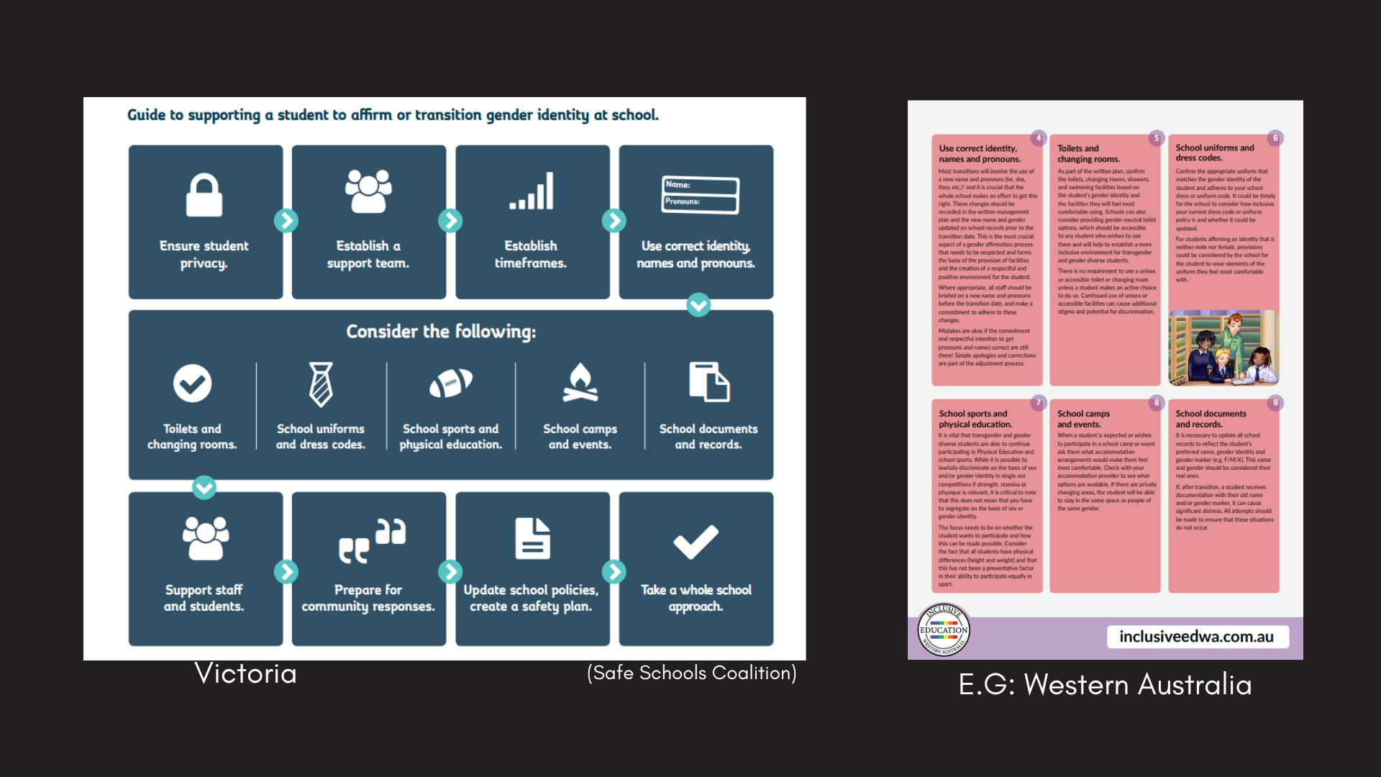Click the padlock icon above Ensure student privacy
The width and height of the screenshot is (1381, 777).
tap(204, 195)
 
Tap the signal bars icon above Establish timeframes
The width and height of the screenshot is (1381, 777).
tap(532, 191)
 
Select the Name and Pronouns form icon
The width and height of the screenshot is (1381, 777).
tap(700, 194)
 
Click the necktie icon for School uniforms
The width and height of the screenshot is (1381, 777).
tap(321, 384)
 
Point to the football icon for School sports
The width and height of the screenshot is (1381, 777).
tap(450, 383)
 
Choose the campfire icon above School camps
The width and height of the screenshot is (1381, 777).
tap(580, 382)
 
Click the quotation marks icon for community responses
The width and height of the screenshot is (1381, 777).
tap(372, 540)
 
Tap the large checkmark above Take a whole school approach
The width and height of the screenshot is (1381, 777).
tap(696, 542)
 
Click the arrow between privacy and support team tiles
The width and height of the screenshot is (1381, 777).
tap(286, 221)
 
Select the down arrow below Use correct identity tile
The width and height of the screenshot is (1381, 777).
tap(698, 305)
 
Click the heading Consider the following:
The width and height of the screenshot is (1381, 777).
tap(441, 332)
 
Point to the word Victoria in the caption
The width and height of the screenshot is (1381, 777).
tap(245, 673)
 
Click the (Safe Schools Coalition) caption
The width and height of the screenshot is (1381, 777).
tap(691, 673)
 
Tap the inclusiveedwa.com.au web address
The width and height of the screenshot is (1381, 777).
tap(1196, 637)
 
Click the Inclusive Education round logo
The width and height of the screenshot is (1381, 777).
tap(944, 630)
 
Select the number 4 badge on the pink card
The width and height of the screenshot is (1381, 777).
tap(1038, 138)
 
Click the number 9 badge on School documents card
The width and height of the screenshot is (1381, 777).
tap(1275, 403)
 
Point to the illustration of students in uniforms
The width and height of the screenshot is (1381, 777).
tap(1223, 348)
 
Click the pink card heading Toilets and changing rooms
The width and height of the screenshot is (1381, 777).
tap(1088, 153)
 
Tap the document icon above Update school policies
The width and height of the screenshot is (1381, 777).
tap(532, 539)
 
